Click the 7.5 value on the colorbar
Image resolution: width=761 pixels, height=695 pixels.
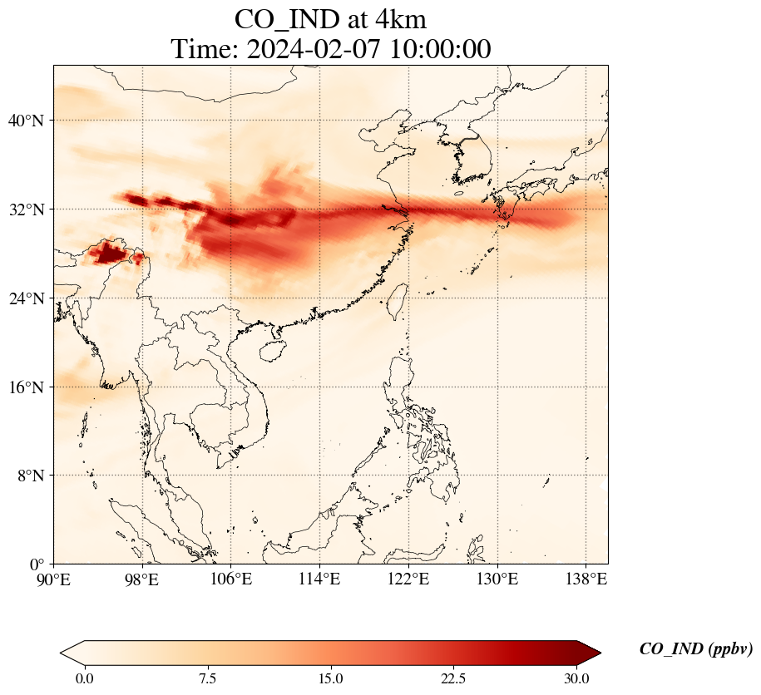[x=207, y=678]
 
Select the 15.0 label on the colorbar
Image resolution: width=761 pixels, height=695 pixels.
[x=330, y=678]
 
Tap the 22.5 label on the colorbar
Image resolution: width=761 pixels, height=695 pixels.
[x=453, y=678]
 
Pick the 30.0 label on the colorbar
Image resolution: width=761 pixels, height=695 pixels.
[x=576, y=678]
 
